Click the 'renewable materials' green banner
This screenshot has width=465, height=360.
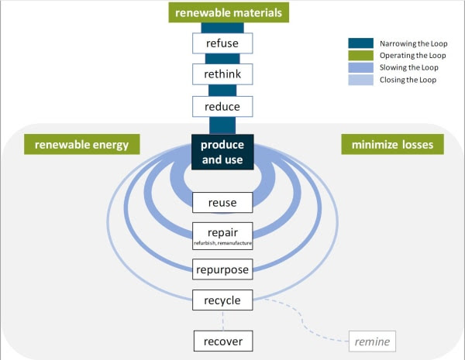click(222, 12)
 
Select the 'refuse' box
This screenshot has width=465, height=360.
click(222, 43)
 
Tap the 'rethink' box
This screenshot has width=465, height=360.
click(222, 74)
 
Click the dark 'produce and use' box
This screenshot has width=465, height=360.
click(222, 152)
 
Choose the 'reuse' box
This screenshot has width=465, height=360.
click(222, 203)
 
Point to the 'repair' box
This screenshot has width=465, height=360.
click(222, 231)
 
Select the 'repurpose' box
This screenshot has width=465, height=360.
click(222, 270)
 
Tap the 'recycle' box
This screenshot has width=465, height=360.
click(222, 300)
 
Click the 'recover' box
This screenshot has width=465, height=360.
click(222, 340)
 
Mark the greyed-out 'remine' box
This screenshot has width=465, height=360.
click(373, 341)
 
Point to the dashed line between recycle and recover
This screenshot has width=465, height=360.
click(222, 319)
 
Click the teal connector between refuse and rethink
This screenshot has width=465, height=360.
click(222, 58)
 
